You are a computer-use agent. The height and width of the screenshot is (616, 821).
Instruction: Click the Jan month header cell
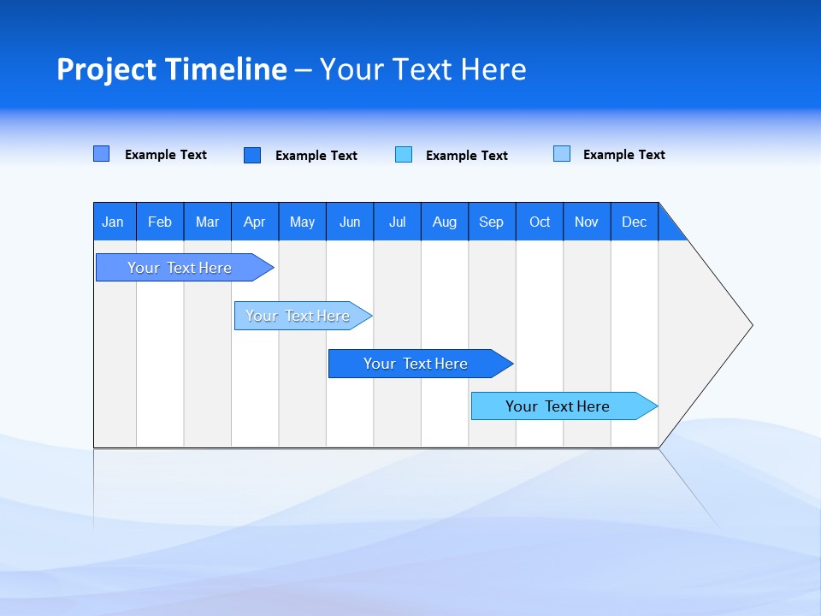114,222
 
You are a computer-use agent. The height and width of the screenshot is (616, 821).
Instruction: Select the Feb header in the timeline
160,222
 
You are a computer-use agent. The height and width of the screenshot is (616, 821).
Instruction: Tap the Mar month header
207,222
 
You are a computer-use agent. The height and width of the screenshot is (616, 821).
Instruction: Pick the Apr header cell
255,222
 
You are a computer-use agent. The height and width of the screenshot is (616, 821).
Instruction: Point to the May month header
302,222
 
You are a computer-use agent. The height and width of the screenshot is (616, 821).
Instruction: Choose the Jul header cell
397,222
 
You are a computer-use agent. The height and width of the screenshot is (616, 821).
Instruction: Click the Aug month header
445,222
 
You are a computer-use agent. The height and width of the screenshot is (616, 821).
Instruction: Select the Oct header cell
540,222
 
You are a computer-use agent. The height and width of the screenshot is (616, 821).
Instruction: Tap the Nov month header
587,222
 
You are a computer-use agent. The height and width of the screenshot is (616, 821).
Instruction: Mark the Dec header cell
635,222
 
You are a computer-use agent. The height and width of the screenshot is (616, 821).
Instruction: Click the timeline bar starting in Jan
180,268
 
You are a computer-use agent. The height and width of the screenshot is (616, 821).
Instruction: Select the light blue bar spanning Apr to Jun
298,316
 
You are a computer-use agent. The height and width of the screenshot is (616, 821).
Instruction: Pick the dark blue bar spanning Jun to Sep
416,364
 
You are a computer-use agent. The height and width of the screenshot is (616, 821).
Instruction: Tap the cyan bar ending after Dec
558,406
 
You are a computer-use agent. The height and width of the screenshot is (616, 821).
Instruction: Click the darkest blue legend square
252,155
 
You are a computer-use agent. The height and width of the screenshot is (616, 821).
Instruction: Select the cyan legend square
404,155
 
